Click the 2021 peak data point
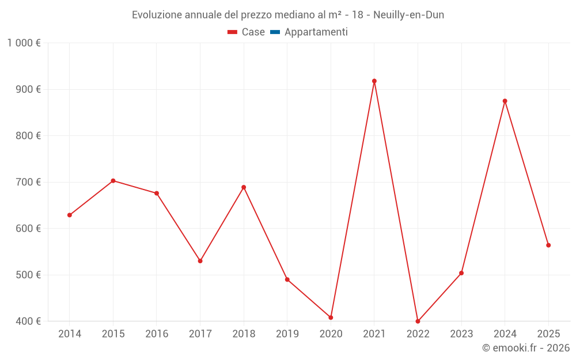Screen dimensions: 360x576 coord(374,81)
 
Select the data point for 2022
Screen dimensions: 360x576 coord(418,321)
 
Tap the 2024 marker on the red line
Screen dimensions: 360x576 coord(505,101)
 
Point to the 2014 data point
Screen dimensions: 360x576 coord(70,215)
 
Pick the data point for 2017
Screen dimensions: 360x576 coord(200,261)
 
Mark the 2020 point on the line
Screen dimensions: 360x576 coord(331,317)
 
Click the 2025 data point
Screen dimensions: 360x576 coord(548,245)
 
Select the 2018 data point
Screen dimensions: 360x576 coord(244,187)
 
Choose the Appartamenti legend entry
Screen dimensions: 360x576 coord(316,32)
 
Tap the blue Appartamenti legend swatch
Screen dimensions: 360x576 coord(275,32)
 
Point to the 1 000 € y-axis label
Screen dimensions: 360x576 coord(24,43)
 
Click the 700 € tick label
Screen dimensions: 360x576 coord(29,182)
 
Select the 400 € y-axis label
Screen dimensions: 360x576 coord(29,321)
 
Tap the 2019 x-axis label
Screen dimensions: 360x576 coord(287,334)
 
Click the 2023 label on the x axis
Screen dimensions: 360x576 coord(461,334)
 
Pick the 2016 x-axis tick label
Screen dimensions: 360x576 coord(157,334)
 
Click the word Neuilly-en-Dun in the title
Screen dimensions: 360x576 coord(408,15)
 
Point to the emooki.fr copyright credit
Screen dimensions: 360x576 coord(526,348)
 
